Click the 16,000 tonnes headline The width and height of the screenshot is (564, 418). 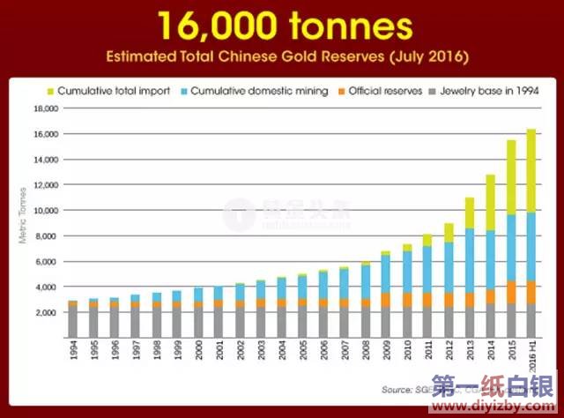[282, 27]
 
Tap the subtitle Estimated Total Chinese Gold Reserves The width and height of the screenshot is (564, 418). [282, 57]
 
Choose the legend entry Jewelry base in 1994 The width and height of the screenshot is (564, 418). [481, 91]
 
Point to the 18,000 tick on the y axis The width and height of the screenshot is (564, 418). [44, 108]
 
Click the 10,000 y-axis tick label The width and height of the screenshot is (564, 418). [44, 211]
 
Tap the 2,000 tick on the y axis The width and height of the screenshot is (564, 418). [46, 313]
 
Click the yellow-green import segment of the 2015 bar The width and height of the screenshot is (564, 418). [511, 176]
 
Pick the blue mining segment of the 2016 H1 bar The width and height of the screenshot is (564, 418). [532, 247]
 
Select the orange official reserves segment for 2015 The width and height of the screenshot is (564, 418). [511, 292]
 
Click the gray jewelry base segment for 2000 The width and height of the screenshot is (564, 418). [198, 321]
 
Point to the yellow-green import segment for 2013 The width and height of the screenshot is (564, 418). [470, 213]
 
